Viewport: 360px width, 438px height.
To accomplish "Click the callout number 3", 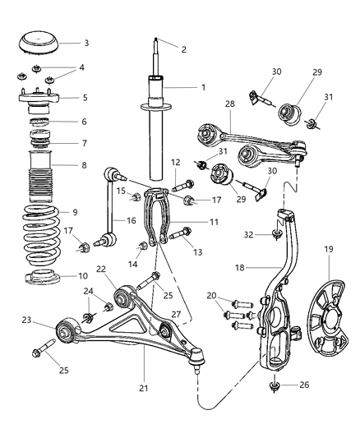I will [x=86, y=43].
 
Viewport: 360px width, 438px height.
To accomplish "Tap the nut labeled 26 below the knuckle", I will [x=274, y=385].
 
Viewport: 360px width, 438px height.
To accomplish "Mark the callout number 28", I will [x=231, y=104].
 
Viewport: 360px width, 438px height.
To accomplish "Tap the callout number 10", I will [x=86, y=275].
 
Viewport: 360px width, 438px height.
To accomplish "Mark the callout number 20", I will [x=210, y=294].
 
